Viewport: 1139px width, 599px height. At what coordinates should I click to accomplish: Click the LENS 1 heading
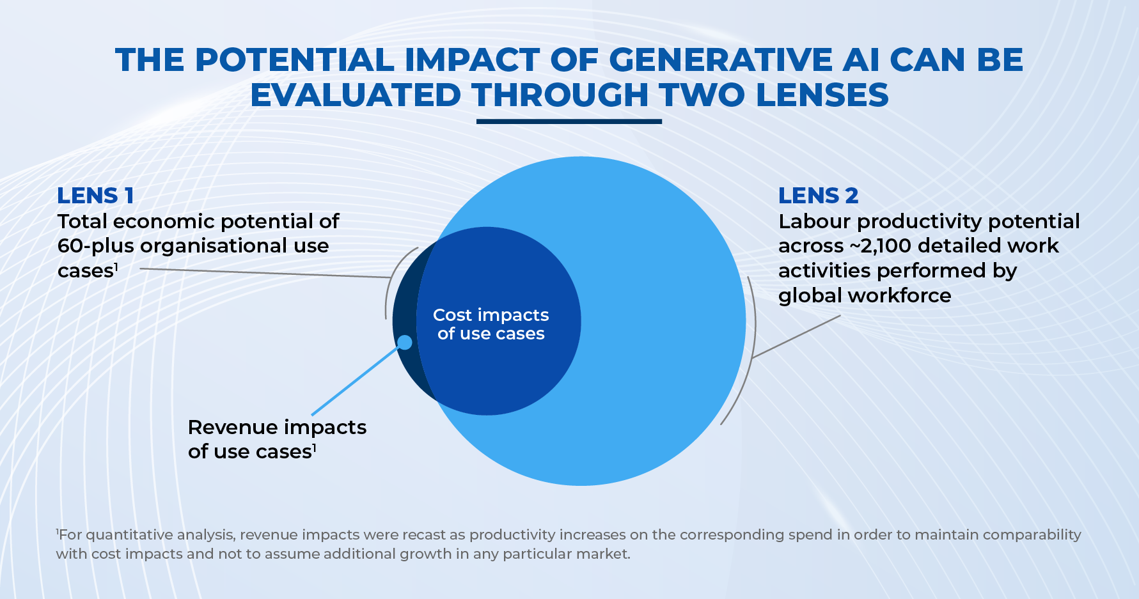[x=95, y=196]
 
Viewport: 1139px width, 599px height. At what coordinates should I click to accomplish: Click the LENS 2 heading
[x=818, y=196]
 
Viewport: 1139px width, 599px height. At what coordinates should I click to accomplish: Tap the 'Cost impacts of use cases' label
[x=491, y=324]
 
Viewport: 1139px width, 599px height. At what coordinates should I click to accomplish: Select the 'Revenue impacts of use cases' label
[x=276, y=439]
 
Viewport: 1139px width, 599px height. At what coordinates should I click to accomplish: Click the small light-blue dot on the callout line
[x=405, y=343]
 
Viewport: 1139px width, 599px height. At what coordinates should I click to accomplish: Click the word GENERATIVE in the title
[x=719, y=60]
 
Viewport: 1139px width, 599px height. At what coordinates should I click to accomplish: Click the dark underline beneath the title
[x=569, y=121]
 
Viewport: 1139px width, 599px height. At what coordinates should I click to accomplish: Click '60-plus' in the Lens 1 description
[x=95, y=246]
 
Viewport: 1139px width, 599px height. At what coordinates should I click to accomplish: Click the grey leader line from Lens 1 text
[x=262, y=273]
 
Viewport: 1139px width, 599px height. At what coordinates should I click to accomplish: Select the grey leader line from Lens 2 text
[x=796, y=336]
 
